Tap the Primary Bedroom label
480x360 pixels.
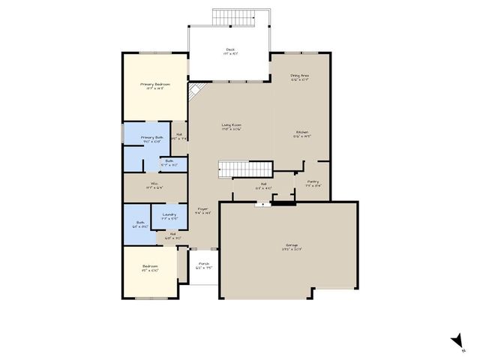coord(155,85)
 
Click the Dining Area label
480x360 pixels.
coord(300,76)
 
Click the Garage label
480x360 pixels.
coord(291,245)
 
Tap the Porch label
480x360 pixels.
coord(203,264)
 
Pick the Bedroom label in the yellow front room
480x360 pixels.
coord(150,267)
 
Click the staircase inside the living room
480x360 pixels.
coord(244,169)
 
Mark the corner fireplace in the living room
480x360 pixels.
coord(194,91)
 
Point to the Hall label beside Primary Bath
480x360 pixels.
coord(179,137)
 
